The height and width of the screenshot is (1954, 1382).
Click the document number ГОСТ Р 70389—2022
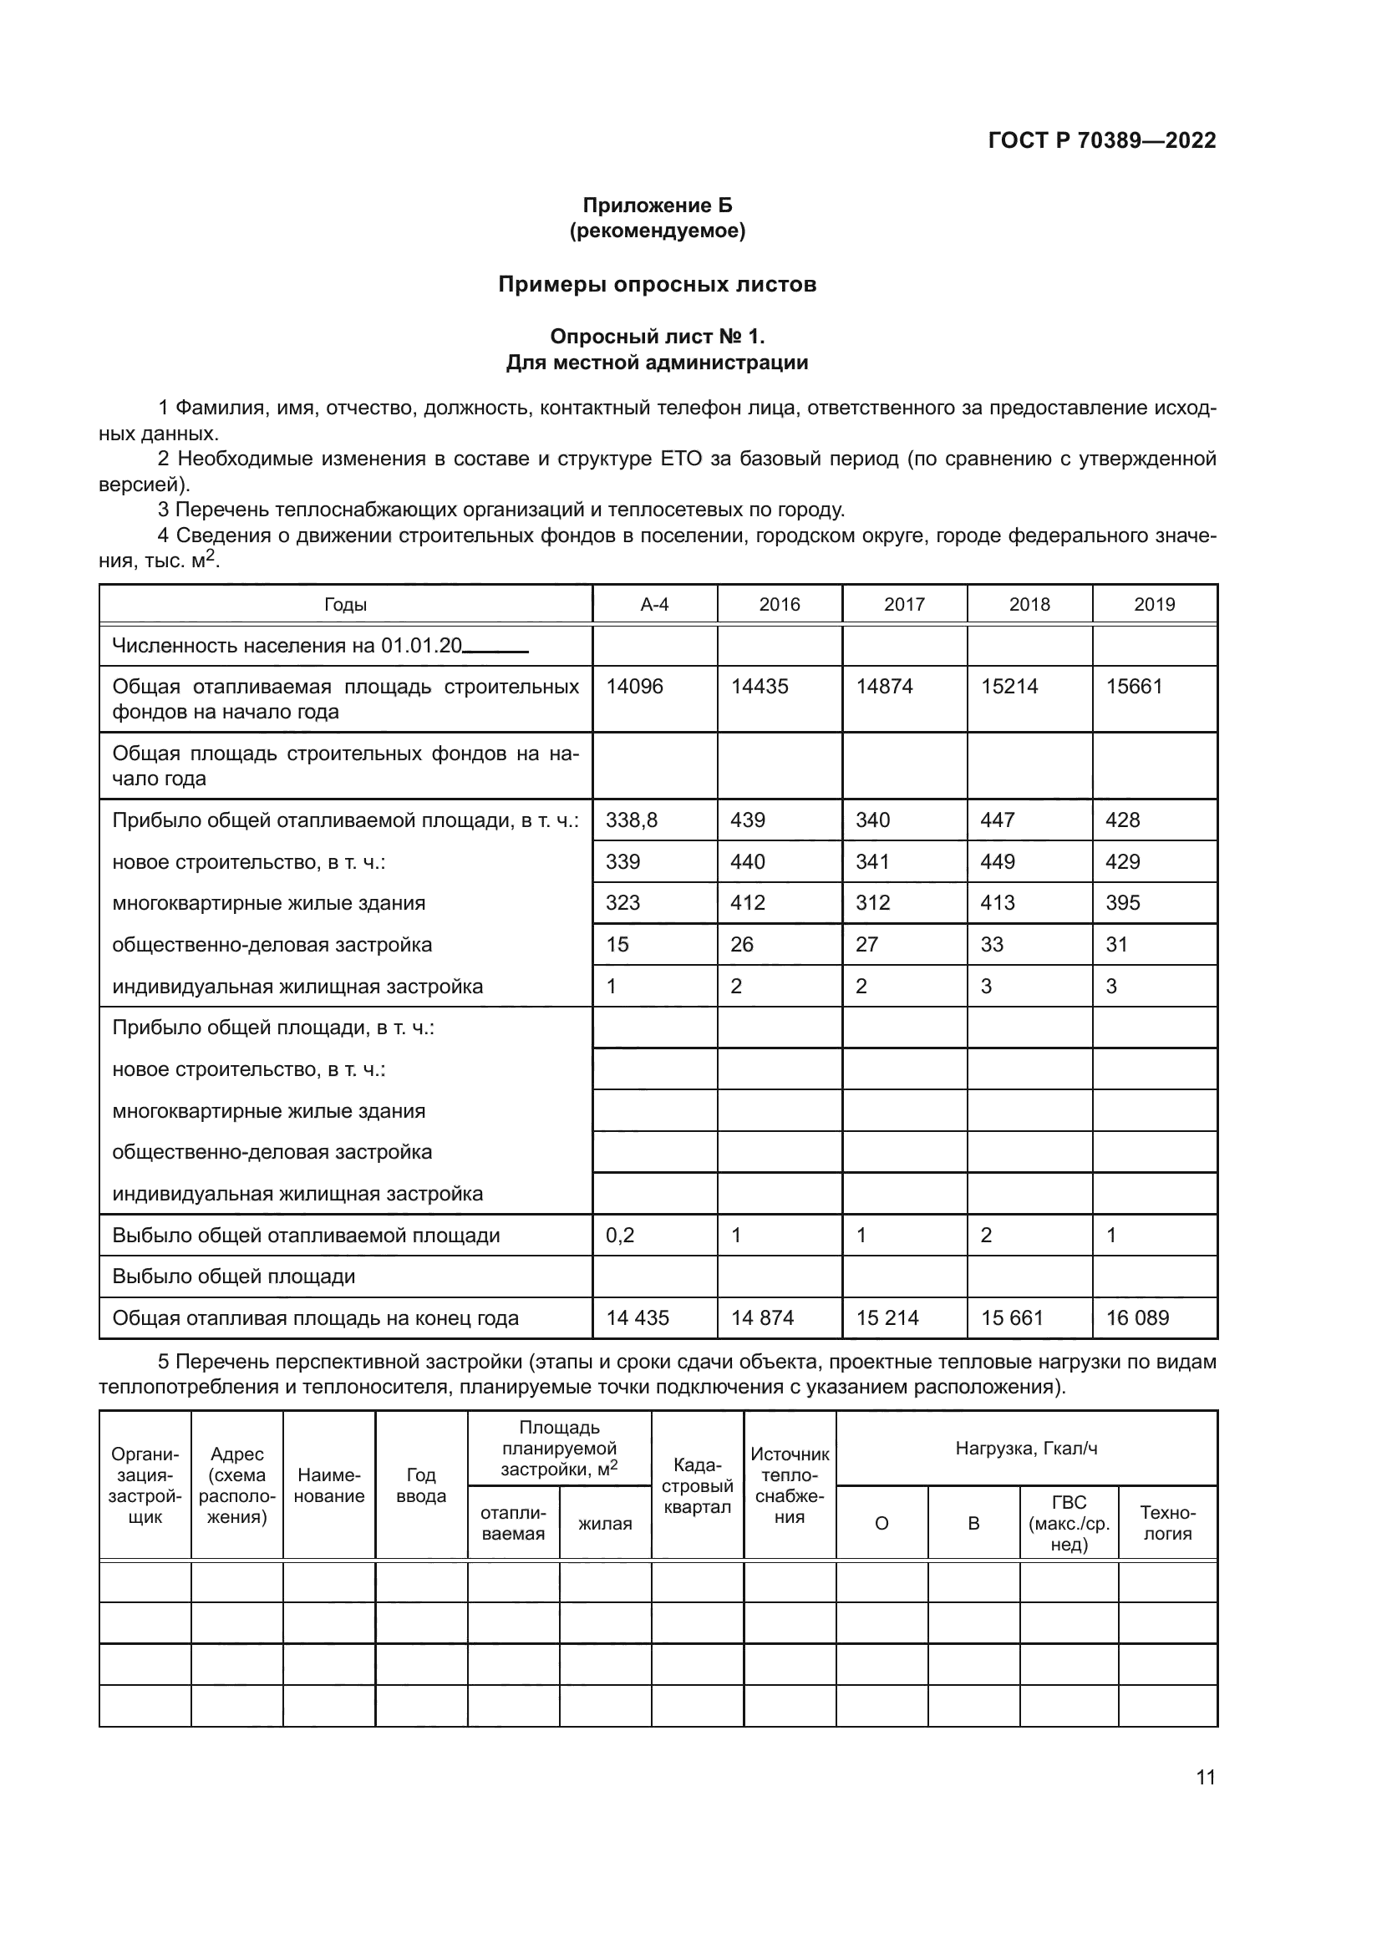(x=1102, y=140)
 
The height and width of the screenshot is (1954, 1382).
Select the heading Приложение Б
(x=657, y=206)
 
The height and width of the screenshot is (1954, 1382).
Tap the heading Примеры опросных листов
(x=657, y=284)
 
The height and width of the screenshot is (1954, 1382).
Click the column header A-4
(x=654, y=604)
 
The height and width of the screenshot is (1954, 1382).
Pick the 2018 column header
(x=1029, y=604)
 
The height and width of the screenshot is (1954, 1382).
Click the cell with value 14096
(x=634, y=687)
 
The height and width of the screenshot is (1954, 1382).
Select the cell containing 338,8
(x=632, y=820)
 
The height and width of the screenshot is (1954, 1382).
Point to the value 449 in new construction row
(x=998, y=862)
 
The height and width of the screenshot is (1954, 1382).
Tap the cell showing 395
(x=1122, y=903)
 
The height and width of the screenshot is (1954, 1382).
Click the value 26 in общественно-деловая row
(x=742, y=945)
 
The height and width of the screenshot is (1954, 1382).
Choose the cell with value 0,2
(x=620, y=1236)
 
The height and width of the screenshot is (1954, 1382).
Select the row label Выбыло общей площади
(x=234, y=1276)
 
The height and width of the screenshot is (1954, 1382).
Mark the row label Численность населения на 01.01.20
(x=287, y=646)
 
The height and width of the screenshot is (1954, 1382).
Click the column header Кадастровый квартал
(x=697, y=1486)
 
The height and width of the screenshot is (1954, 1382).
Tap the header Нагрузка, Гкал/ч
(x=1026, y=1448)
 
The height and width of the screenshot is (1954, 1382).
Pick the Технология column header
(x=1166, y=1524)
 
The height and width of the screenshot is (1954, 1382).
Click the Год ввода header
(x=421, y=1486)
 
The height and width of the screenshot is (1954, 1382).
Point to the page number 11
(x=1205, y=1777)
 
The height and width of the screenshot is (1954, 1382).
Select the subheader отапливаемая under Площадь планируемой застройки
(x=513, y=1524)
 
